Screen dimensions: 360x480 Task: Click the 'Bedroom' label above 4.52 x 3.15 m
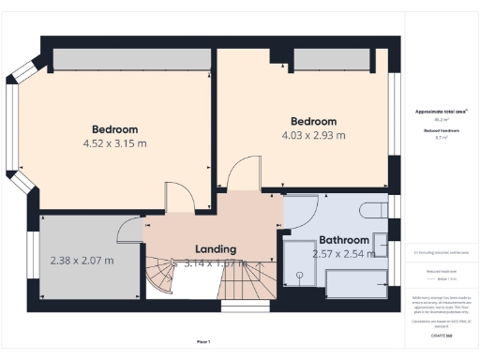coord(114,129)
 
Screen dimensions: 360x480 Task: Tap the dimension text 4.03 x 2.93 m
coord(312,136)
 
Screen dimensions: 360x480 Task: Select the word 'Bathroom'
coord(344,240)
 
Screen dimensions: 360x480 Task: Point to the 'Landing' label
coord(215,249)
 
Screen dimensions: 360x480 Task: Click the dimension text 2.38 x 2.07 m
coord(82,261)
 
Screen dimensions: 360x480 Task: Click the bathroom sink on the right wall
coord(381,244)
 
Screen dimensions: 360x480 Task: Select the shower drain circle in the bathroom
coord(298,276)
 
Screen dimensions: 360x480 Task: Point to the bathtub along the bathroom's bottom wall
coord(355,281)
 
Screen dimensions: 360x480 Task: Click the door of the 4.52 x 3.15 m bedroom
coord(178,199)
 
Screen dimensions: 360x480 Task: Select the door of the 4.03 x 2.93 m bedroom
coord(241,173)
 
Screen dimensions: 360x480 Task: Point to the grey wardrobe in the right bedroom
coord(328,59)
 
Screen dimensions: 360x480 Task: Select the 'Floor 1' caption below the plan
coord(203,341)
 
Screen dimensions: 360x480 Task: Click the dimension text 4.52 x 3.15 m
coord(114,144)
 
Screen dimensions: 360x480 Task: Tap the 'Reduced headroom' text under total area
coord(439,130)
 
